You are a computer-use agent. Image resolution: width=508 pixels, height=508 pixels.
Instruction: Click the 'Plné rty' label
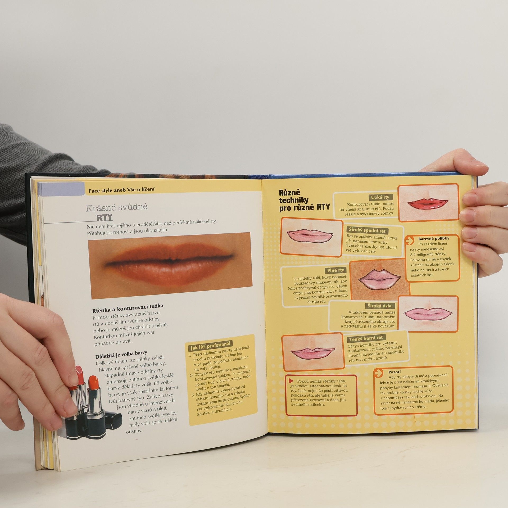pyautogui.click(x=335, y=270)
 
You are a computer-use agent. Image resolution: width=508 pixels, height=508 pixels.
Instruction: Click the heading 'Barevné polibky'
pyautogui.click(x=434, y=239)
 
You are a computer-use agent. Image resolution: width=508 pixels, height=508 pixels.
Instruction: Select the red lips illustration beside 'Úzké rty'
pyautogui.click(x=428, y=203)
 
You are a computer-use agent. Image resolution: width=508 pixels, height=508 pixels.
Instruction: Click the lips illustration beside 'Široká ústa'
pyautogui.click(x=428, y=314)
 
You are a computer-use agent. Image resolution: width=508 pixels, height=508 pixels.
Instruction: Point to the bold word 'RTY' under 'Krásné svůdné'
pyautogui.click(x=104, y=217)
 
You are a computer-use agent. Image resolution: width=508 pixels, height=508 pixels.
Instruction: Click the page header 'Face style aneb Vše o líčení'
pyautogui.click(x=121, y=189)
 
